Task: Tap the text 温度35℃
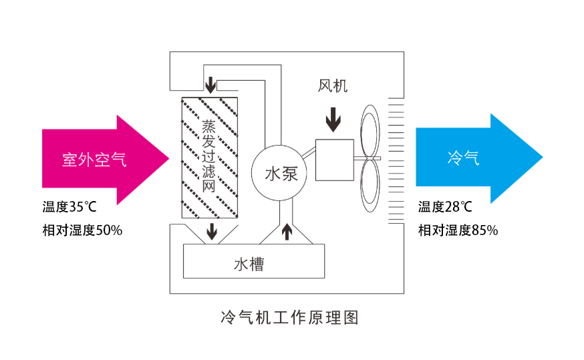tap(69, 207)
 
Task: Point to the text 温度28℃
tap(445, 207)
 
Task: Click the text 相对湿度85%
tap(458, 230)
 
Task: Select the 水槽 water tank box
tap(253, 261)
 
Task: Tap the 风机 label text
tap(332, 85)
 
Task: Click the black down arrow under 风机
tap(332, 120)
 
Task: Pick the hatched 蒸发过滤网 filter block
tap(210, 158)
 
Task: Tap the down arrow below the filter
tap(212, 232)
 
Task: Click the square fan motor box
tap(335, 159)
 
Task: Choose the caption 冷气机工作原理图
tap(289, 317)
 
